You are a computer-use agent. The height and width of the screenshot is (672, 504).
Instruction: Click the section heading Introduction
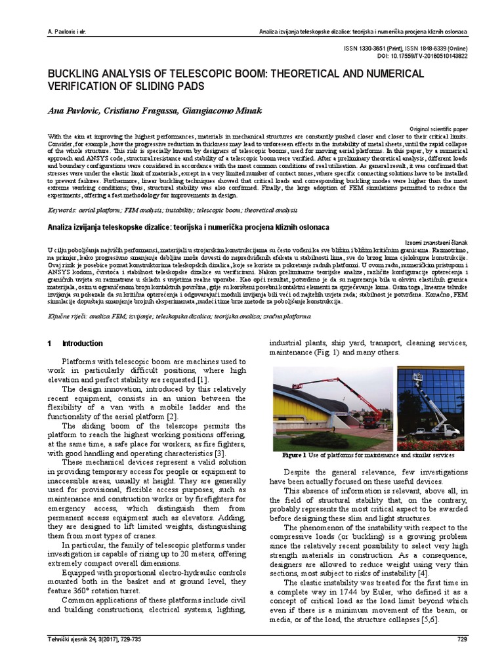click(x=82, y=343)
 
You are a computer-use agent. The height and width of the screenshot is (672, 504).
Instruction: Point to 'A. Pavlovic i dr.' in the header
click(x=62, y=32)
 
